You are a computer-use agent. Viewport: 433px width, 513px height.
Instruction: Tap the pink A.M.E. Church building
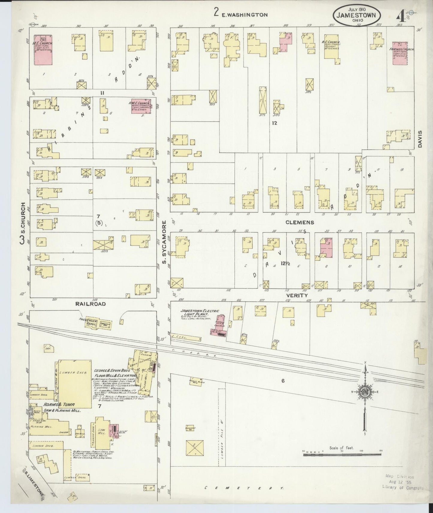[x=141, y=106]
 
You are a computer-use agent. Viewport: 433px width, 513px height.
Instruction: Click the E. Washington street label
[x=245, y=14]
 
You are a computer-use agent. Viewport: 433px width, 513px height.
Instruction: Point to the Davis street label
[x=420, y=139]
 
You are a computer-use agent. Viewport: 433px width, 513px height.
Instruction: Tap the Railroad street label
[x=90, y=304]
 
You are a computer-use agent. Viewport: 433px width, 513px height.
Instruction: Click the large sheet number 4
[x=402, y=15]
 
